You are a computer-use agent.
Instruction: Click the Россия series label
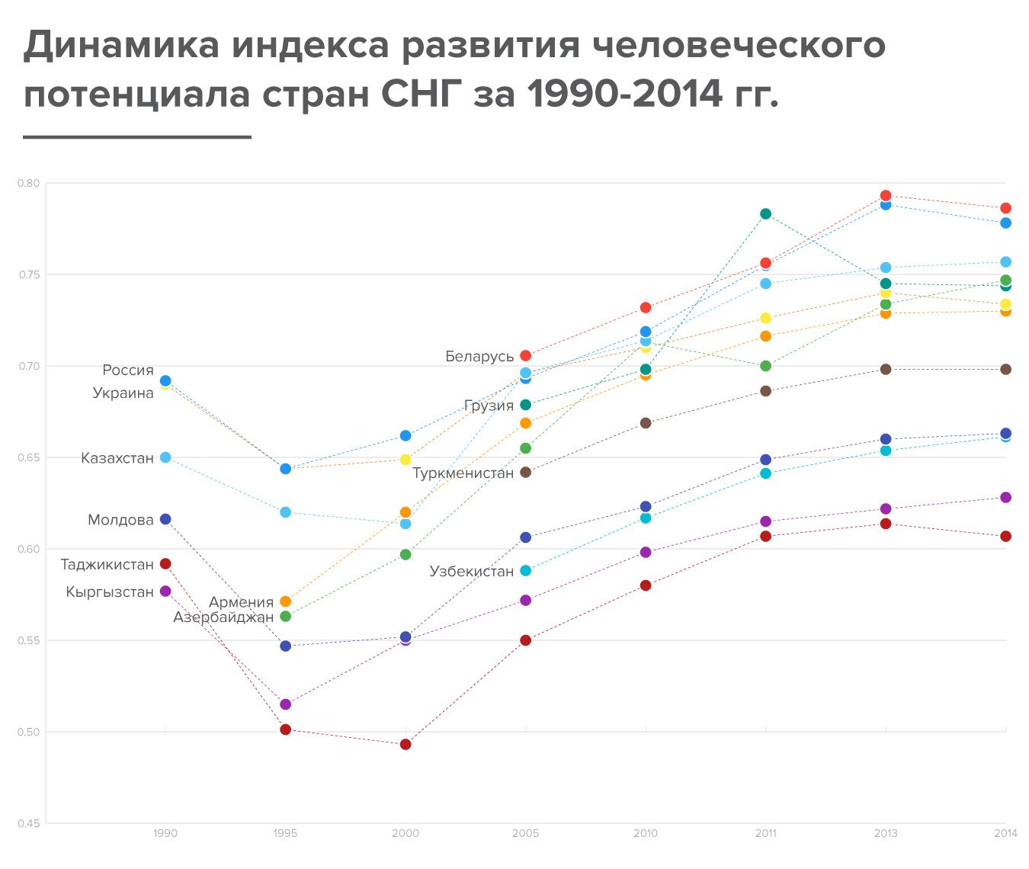[127, 370]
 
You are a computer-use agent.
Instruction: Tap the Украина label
[123, 393]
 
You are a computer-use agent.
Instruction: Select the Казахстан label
[117, 458]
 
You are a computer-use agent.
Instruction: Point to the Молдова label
[120, 520]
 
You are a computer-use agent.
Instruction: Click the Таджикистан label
[107, 564]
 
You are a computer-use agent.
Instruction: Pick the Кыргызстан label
[110, 592]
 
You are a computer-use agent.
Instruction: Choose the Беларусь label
[479, 357]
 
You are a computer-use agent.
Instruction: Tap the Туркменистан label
[463, 473]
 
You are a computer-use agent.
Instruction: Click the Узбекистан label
[472, 571]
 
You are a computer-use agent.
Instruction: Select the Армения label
[242, 602]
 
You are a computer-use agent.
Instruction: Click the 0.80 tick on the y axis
[29, 184]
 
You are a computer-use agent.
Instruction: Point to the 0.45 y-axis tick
[29, 824]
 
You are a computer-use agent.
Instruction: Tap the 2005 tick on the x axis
[525, 833]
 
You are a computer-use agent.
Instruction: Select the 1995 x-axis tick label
[285, 833]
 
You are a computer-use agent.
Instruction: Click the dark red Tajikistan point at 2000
[406, 744]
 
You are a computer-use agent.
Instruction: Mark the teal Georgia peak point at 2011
[765, 214]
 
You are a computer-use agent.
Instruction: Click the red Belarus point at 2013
[886, 196]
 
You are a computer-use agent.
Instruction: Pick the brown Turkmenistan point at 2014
[1006, 369]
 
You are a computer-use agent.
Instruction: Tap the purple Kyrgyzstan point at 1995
[285, 704]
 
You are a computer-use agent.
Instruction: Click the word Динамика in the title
[120, 45]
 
